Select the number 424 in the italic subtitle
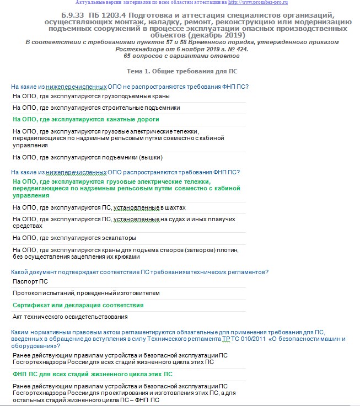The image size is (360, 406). click(x=241, y=49)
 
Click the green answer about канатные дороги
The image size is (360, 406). click(x=86, y=119)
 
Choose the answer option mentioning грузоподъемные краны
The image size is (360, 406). click(x=83, y=96)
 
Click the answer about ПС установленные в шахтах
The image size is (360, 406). click(x=99, y=207)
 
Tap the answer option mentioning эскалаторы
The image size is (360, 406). click(x=74, y=238)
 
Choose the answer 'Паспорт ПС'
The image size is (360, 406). click(x=30, y=281)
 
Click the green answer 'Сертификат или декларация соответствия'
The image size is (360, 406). click(x=78, y=305)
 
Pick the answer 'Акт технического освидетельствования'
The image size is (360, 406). click(x=70, y=317)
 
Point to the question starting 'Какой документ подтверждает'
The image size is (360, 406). click(x=139, y=271)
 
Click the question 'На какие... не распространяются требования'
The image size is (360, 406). click(x=130, y=86)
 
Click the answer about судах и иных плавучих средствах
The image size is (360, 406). click(x=124, y=222)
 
